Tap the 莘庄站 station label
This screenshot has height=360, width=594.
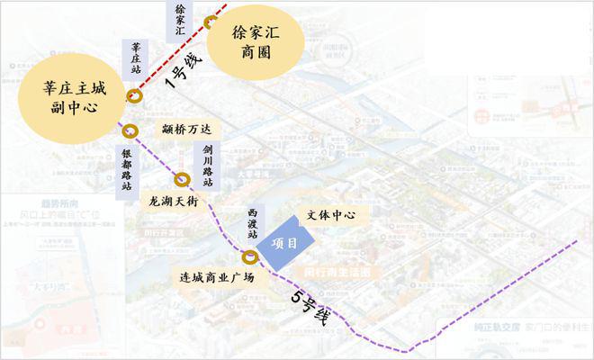click(136, 59)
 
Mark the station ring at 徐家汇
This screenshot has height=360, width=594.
click(211, 22)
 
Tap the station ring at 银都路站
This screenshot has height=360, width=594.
click(130, 130)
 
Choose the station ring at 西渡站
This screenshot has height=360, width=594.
click(252, 257)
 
